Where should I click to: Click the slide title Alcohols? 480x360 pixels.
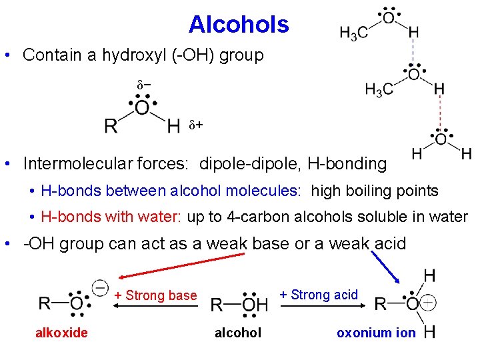[239, 25]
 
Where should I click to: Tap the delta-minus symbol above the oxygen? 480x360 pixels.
[143, 86]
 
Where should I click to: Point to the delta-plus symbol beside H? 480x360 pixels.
[195, 125]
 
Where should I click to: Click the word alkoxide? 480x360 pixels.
[61, 333]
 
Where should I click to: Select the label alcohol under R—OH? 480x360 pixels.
[238, 333]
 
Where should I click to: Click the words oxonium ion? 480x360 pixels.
[376, 333]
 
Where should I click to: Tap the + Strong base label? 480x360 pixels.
[155, 295]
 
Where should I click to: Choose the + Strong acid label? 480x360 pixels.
[319, 294]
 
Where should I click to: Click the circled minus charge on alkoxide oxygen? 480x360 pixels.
[100, 288]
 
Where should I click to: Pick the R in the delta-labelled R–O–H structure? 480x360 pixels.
[111, 125]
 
